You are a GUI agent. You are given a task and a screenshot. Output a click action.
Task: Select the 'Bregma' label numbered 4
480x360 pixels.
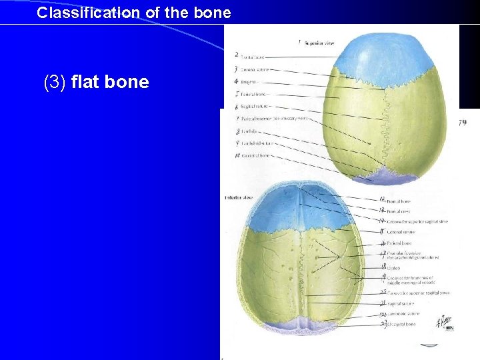(248, 81)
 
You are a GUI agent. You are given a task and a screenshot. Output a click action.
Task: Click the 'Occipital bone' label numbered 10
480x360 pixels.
(256, 156)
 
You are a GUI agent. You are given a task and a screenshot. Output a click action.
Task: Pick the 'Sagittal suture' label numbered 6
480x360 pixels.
(255, 106)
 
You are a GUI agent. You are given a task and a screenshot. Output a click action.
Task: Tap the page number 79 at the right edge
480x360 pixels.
(463, 123)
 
